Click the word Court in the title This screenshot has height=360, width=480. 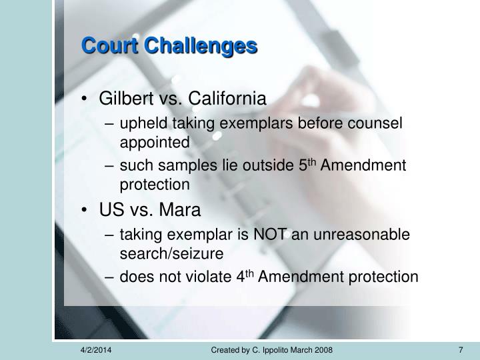pyautogui.click(x=109, y=46)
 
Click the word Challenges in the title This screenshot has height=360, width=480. pyautogui.click(x=201, y=46)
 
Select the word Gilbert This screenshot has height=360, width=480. pyautogui.click(x=126, y=98)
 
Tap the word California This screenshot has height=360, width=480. pyautogui.click(x=227, y=98)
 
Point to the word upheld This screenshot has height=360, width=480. pyautogui.click(x=143, y=124)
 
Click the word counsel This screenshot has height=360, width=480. pyautogui.click(x=375, y=123)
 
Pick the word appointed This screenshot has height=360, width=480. pyautogui.click(x=155, y=143)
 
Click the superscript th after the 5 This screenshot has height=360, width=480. pyautogui.click(x=311, y=161)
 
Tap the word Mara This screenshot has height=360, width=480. pyautogui.click(x=180, y=210)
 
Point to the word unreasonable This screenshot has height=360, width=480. pyautogui.click(x=361, y=235)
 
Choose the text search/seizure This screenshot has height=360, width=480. pyautogui.click(x=171, y=254)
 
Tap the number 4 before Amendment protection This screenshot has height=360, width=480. pyautogui.click(x=241, y=277)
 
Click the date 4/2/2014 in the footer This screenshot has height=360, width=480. pyautogui.click(x=96, y=350)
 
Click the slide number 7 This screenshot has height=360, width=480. pyautogui.click(x=461, y=350)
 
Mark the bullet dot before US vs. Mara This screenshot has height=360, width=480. pyautogui.click(x=84, y=210)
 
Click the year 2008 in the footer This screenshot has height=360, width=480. pyautogui.click(x=324, y=350)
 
